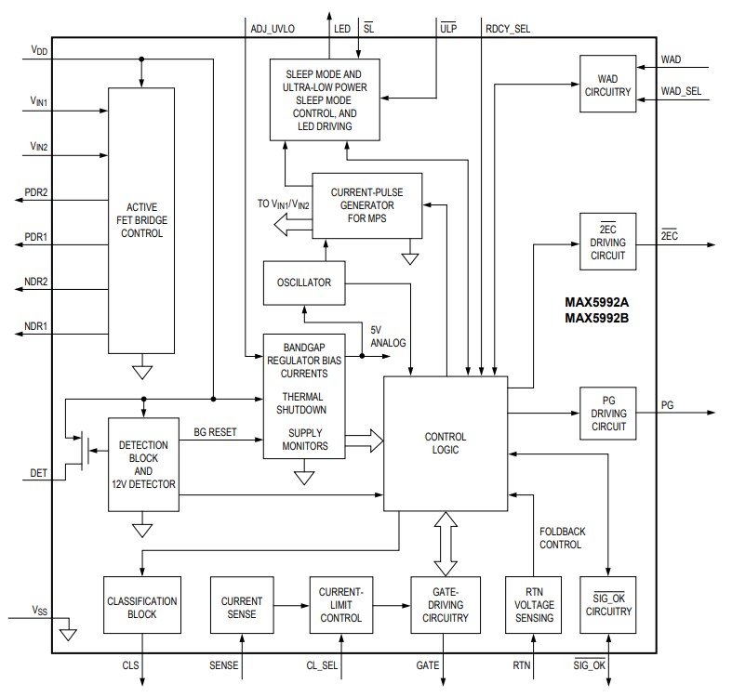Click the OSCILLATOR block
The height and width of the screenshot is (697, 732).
303,283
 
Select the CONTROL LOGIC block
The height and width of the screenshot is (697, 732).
446,443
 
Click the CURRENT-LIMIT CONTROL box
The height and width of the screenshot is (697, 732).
340,605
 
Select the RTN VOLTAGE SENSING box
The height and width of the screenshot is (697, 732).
533,605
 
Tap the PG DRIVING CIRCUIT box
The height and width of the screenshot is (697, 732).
608,414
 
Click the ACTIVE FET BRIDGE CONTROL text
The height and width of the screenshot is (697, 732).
141,219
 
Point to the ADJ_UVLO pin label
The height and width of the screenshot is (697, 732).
273,28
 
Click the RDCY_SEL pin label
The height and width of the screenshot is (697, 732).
508,28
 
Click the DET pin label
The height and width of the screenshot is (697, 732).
38,473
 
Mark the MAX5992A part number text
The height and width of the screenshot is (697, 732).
598,302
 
